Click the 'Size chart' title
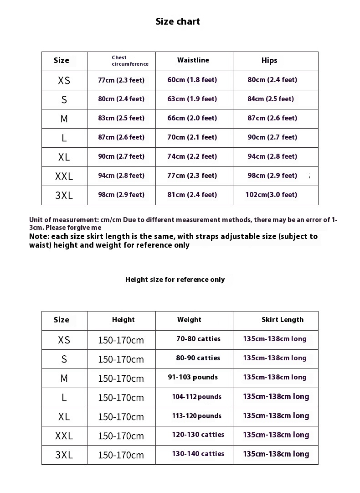[x=178, y=21]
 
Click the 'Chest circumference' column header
[x=130, y=61]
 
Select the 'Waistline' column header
[x=193, y=60]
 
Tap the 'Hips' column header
[x=269, y=61]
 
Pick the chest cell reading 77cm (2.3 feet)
[x=121, y=80]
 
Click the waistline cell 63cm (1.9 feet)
[x=192, y=99]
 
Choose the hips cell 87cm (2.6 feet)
[x=272, y=118]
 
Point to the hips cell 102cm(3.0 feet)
[x=271, y=195]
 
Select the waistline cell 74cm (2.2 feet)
[x=192, y=156]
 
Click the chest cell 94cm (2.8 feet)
[x=121, y=176]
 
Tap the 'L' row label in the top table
[x=64, y=138]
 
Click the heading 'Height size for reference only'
[x=175, y=280]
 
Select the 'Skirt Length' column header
[x=282, y=320]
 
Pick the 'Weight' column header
[x=189, y=320]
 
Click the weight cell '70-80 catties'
[x=198, y=339]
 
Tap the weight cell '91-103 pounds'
[x=193, y=377]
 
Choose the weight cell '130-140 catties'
[x=198, y=454]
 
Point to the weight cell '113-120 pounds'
[x=196, y=416]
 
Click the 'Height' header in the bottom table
[x=123, y=320]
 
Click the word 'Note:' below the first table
[x=39, y=237]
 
